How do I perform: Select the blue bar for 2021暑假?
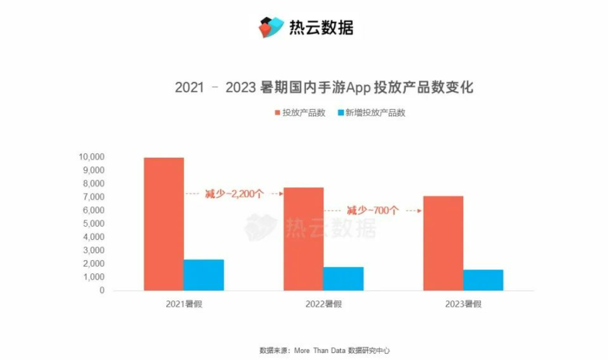point(204,275)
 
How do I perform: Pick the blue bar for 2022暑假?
point(344,279)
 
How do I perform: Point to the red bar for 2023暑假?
point(443,243)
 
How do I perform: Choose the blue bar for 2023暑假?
point(483,280)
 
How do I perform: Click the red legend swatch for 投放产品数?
point(277,113)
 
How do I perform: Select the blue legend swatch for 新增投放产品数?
point(340,113)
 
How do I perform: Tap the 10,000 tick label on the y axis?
point(92,157)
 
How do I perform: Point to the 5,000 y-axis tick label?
point(94,224)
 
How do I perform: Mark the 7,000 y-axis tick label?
point(94,197)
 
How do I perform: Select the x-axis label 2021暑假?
point(184,304)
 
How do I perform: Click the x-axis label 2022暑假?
point(323,304)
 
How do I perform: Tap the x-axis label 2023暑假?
point(463,304)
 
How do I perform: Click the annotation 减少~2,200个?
point(234,194)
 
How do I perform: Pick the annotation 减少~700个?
point(372,211)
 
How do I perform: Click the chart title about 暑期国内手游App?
point(324,87)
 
